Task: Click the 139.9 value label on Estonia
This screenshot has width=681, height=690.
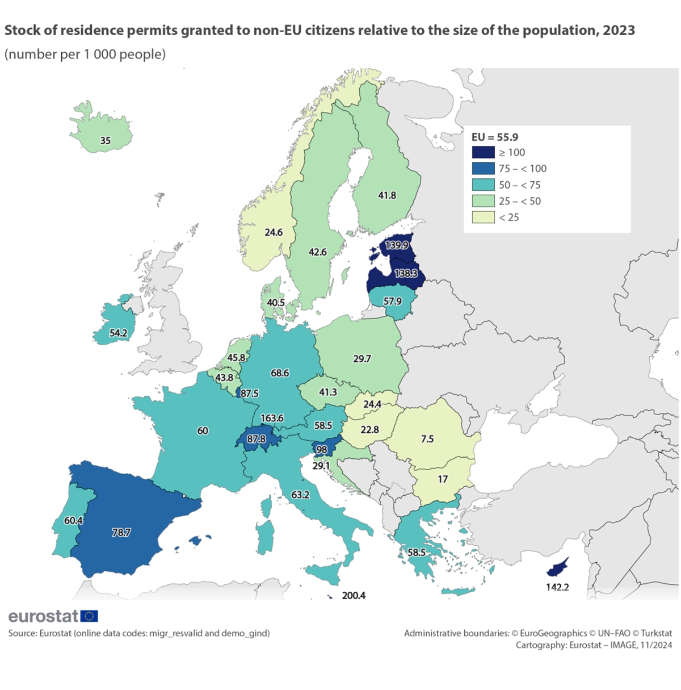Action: (397, 245)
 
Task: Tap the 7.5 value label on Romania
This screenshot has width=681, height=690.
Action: (427, 438)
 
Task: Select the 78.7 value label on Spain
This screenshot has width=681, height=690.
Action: (121, 533)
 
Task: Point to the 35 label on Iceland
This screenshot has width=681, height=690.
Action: (105, 140)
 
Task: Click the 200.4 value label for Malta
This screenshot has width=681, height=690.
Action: (354, 595)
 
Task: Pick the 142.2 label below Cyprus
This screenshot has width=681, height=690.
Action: (557, 587)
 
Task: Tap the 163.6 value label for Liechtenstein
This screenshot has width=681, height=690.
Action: (272, 418)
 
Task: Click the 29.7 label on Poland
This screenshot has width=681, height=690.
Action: (362, 358)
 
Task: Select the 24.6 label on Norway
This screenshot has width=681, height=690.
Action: (274, 232)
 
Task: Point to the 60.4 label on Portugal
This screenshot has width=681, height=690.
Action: (73, 520)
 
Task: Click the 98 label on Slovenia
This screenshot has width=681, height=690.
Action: (322, 449)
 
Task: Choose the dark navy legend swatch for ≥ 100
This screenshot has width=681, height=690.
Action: (483, 152)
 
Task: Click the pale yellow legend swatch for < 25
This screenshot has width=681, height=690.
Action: (483, 217)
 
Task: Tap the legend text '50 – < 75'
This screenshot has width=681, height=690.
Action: (520, 185)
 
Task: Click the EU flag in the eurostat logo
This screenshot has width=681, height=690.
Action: (89, 616)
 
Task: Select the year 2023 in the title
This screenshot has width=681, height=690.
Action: (619, 31)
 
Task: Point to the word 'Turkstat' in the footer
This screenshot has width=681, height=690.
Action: (656, 633)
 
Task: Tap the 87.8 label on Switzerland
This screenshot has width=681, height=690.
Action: (256, 438)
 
